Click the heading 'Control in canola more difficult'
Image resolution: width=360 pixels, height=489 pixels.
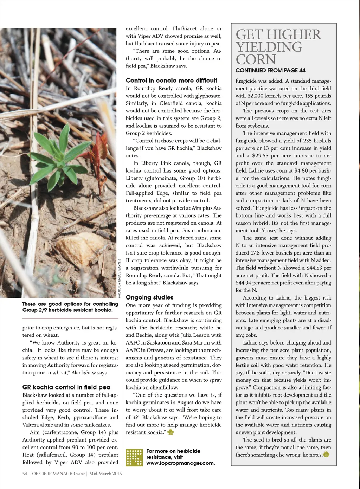(x=171, y=81)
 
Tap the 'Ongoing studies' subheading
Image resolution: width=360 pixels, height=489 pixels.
(x=149, y=297)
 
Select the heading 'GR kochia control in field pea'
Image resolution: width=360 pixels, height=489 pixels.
(x=66, y=387)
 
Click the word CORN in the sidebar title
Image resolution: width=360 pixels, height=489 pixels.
(x=256, y=59)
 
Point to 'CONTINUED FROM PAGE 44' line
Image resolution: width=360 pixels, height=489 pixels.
(x=270, y=70)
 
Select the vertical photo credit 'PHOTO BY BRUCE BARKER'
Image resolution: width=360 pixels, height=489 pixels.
(x=119, y=278)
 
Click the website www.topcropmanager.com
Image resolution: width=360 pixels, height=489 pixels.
(x=180, y=463)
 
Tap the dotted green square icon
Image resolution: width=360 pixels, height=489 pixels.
(x=134, y=457)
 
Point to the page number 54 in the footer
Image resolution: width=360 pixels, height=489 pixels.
(x=25, y=474)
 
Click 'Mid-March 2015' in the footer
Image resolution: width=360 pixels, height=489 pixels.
(x=105, y=474)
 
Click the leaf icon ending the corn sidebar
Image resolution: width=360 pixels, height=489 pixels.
(x=326, y=455)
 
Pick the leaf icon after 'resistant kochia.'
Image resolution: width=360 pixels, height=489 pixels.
(x=171, y=432)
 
